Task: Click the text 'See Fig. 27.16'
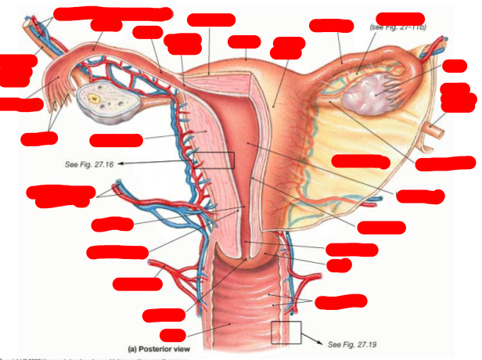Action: [x=90, y=164]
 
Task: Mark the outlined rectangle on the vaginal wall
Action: [x=286, y=332]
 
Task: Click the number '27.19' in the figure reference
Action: [x=369, y=344]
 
